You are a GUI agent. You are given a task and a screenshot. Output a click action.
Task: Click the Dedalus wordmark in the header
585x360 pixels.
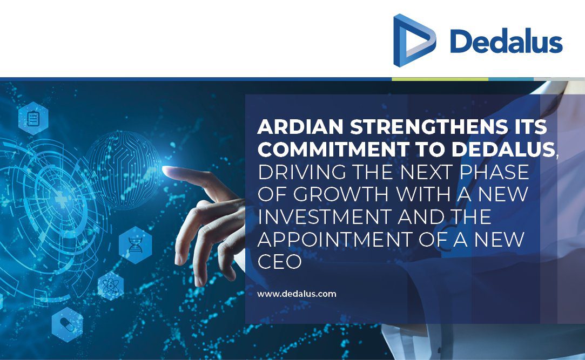tap(506, 41)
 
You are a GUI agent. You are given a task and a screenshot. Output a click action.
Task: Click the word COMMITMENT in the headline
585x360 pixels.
tap(333, 150)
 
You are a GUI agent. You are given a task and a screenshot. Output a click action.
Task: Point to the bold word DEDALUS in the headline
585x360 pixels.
tap(503, 150)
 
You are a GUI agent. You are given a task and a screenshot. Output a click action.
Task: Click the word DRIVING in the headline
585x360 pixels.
tap(302, 172)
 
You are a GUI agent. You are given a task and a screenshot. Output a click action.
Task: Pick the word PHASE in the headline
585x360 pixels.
tap(494, 172)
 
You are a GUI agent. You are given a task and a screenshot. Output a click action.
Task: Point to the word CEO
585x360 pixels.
tap(279, 262)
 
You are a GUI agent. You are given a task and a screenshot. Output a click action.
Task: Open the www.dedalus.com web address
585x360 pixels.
tap(297, 294)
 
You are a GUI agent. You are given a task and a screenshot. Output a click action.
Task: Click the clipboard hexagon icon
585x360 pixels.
tap(33, 119)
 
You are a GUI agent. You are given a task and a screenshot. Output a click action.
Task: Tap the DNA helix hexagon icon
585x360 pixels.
tap(136, 245)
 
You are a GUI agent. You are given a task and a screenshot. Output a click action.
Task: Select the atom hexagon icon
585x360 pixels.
tap(110, 286)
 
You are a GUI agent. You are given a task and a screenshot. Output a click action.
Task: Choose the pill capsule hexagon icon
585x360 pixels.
tap(67, 324)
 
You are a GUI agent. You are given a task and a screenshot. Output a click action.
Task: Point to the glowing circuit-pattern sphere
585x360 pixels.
tap(123, 169)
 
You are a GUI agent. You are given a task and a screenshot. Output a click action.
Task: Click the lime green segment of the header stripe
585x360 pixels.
tap(440, 79)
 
